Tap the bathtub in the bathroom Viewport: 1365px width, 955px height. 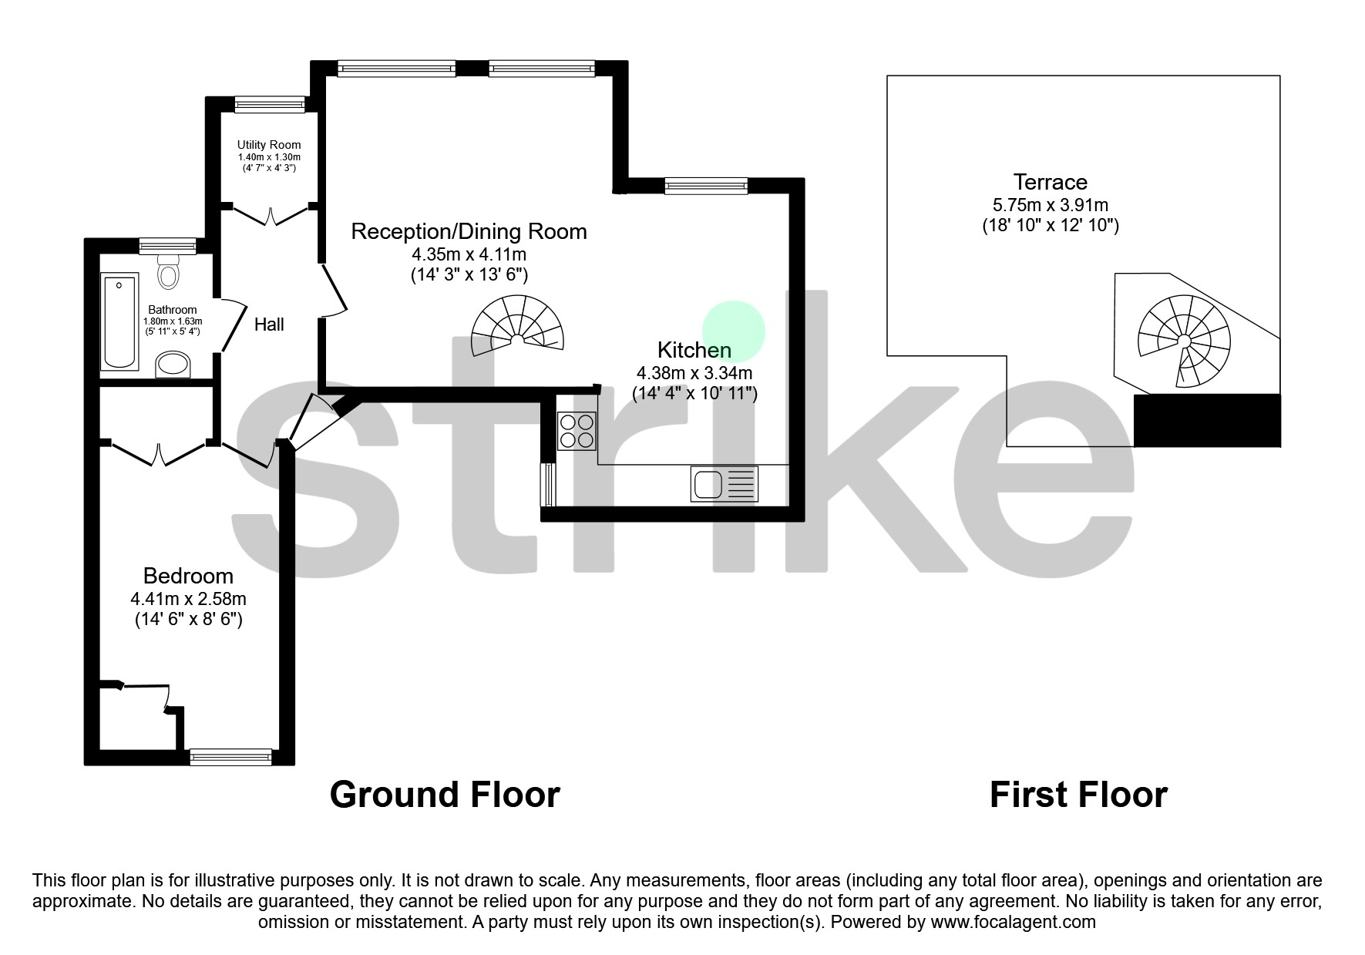120,321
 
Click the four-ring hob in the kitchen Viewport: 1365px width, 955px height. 577,431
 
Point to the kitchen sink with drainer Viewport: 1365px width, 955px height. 725,484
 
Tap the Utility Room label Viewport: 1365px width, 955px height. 269,145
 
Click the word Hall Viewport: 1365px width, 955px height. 269,324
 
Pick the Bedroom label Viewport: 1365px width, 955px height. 188,576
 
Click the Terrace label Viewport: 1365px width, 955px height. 1050,182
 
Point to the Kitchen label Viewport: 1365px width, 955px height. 694,350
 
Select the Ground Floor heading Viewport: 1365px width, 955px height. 445,795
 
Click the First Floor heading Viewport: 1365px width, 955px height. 1078,795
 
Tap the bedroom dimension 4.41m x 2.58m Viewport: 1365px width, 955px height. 188,599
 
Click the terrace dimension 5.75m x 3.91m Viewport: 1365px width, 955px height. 1050,205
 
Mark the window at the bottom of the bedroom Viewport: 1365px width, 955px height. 230,757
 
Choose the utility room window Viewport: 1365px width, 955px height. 270,104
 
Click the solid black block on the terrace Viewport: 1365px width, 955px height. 1207,420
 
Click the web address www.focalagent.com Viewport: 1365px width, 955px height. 1013,922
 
